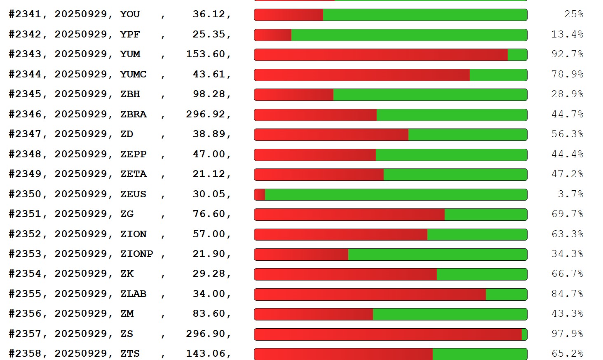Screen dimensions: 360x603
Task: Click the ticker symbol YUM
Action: (130, 54)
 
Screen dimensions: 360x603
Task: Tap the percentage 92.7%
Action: (567, 54)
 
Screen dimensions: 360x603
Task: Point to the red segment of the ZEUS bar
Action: (260, 194)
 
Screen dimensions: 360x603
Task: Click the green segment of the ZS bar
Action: (524, 334)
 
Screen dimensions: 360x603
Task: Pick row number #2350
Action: (25, 194)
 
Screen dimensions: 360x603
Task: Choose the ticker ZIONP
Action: (136, 254)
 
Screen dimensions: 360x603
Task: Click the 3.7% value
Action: (570, 194)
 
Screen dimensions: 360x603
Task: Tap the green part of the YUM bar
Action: (517, 55)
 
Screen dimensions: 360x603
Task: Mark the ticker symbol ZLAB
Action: (134, 294)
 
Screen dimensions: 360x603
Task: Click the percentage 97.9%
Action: (567, 334)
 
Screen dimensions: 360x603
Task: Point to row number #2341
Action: (25, 14)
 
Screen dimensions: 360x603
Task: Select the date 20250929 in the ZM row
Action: (81, 314)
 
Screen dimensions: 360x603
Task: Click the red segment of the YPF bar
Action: (273, 35)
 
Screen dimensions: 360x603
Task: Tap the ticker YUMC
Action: (134, 75)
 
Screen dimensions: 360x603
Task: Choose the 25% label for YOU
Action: (573, 14)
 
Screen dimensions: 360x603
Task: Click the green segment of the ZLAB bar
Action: (506, 295)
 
